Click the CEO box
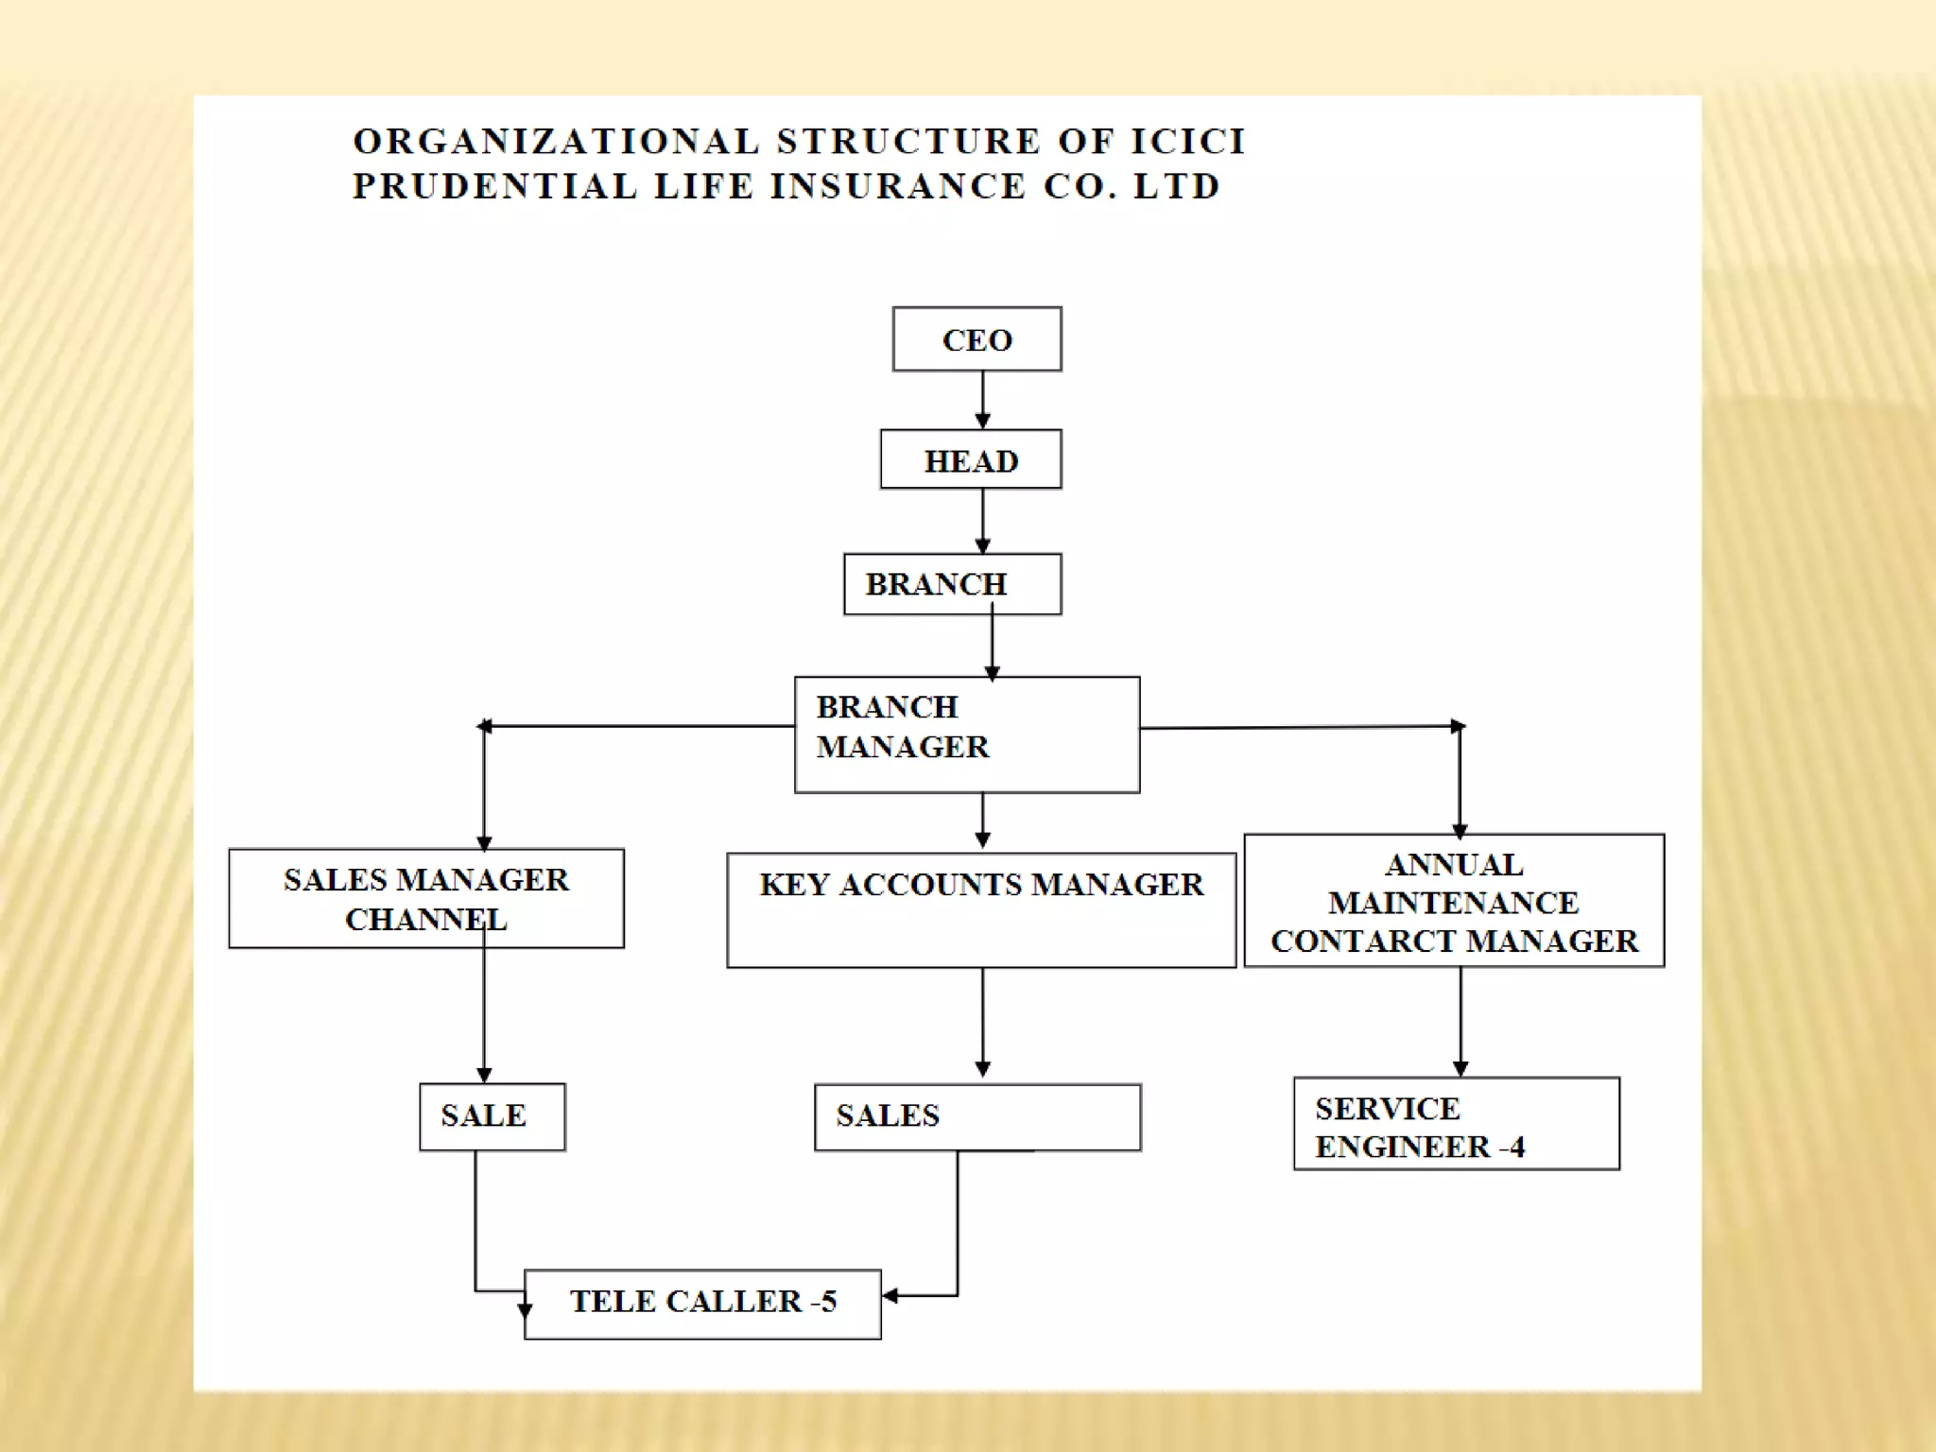[x=977, y=339]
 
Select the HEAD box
[x=971, y=460]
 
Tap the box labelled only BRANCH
[x=952, y=584]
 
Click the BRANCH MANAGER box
[x=967, y=735]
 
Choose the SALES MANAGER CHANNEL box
[x=426, y=898]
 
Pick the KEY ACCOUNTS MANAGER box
[x=981, y=909]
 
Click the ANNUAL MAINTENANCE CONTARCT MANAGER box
[x=1454, y=901]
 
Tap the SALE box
[x=492, y=1116]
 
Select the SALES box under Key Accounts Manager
[x=977, y=1117]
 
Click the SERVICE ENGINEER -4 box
[x=1456, y=1124]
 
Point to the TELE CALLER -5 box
[x=702, y=1304]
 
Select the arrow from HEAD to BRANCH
[x=982, y=521]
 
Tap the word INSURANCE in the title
[x=898, y=186]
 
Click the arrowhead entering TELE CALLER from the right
[x=890, y=1295]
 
